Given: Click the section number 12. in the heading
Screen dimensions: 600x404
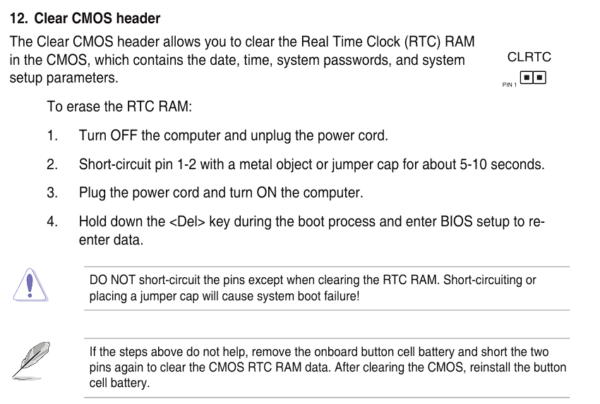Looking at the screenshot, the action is [x=18, y=18].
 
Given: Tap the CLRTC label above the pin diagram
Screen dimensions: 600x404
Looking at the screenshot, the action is [x=529, y=57].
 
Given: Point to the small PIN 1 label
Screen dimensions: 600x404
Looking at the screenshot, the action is [x=510, y=85].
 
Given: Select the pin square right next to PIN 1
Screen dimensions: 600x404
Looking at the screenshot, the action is [x=527, y=78].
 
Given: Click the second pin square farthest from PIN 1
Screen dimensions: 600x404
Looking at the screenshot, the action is [x=539, y=78].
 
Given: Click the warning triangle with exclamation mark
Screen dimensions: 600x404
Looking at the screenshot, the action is [x=30, y=285].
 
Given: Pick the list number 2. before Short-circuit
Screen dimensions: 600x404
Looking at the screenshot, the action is [x=52, y=164].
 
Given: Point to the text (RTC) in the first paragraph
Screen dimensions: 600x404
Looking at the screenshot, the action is [x=422, y=42].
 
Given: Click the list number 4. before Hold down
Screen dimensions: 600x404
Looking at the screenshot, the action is [x=52, y=221].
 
